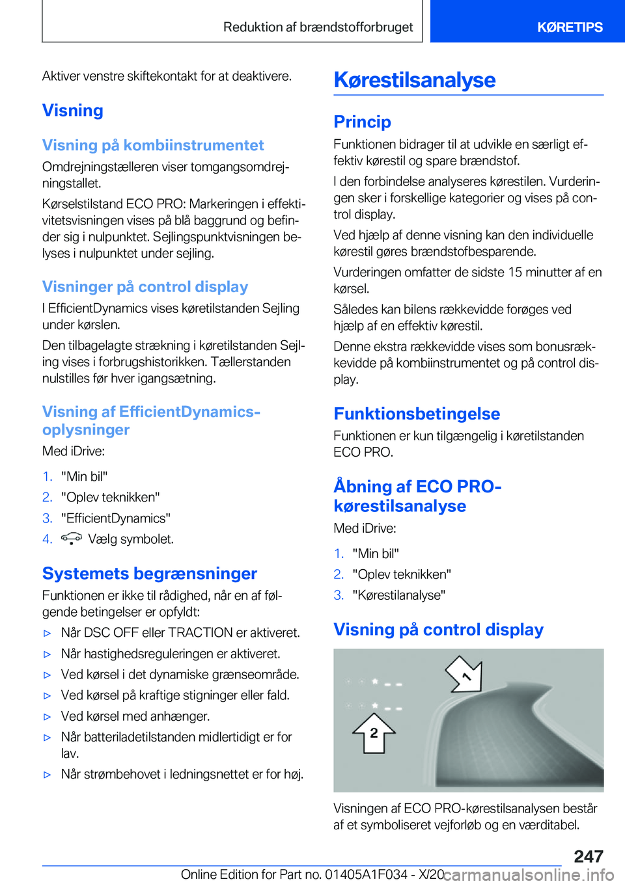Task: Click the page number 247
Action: tap(589, 856)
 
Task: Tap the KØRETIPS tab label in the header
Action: tap(570, 27)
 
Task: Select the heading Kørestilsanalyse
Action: tap(415, 80)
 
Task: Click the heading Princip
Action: tap(362, 122)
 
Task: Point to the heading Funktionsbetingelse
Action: tap(417, 414)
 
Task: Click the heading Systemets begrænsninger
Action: tap(149, 573)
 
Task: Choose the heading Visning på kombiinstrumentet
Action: tap(153, 145)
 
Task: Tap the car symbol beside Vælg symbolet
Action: tap(71, 538)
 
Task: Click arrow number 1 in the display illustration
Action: tap(465, 675)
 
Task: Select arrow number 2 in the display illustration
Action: tap(374, 733)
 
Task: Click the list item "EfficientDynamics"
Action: tap(116, 518)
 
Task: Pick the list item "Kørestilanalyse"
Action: tap(399, 595)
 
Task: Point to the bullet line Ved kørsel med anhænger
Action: tap(135, 716)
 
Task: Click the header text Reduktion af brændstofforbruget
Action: tap(318, 27)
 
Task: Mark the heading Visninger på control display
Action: tap(145, 287)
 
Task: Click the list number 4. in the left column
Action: tap(48, 539)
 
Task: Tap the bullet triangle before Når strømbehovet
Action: tap(47, 775)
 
